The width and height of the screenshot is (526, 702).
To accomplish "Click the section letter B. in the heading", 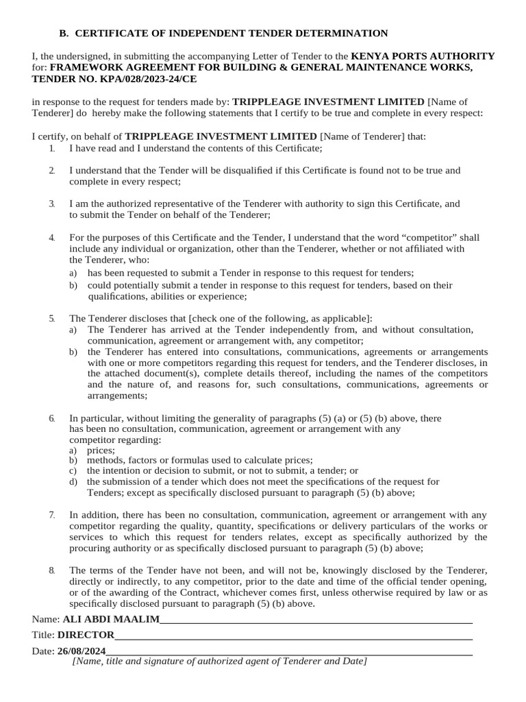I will click(x=64, y=33).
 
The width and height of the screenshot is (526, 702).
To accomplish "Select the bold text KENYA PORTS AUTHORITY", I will click(x=423, y=56).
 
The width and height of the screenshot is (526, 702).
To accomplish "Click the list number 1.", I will click(x=52, y=148).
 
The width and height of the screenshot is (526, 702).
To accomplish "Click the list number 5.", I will click(x=52, y=318).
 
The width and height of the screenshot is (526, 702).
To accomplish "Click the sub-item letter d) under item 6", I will click(x=73, y=482).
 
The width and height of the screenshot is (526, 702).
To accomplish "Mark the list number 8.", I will click(x=52, y=570).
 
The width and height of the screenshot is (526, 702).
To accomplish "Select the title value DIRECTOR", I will click(x=85, y=636).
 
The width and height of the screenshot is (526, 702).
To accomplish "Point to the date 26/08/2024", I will click(x=82, y=651).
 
